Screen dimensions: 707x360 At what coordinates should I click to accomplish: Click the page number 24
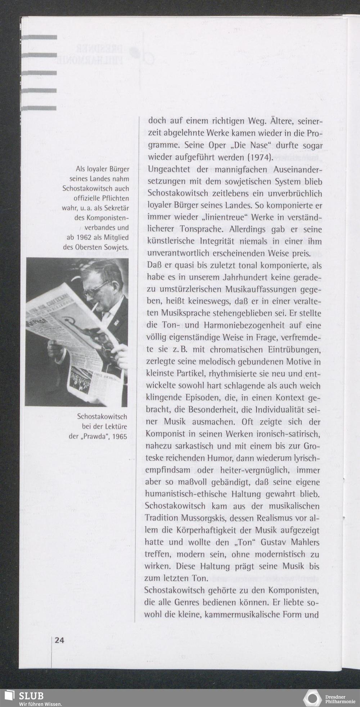tap(59, 640)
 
